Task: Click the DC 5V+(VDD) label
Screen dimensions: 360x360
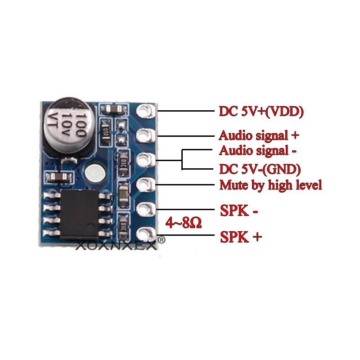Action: click(x=261, y=111)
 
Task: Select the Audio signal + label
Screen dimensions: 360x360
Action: click(x=259, y=135)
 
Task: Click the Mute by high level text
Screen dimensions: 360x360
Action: click(x=270, y=184)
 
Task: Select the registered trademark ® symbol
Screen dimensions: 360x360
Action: click(x=162, y=241)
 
